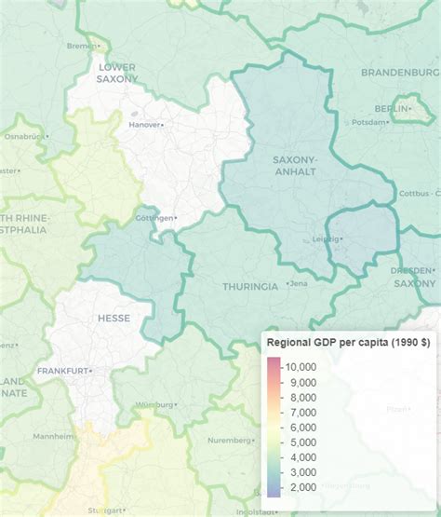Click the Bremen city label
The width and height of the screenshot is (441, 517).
[x=82, y=45]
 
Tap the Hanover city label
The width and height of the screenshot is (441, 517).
[x=144, y=124]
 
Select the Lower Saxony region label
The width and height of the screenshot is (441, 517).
[x=116, y=73]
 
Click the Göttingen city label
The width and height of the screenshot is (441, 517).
[x=154, y=218]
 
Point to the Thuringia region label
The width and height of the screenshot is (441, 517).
[x=249, y=286]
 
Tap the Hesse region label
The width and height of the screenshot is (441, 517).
[x=114, y=318]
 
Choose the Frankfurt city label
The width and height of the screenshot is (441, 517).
[x=61, y=371]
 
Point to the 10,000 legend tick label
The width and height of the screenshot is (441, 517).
[x=301, y=367]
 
